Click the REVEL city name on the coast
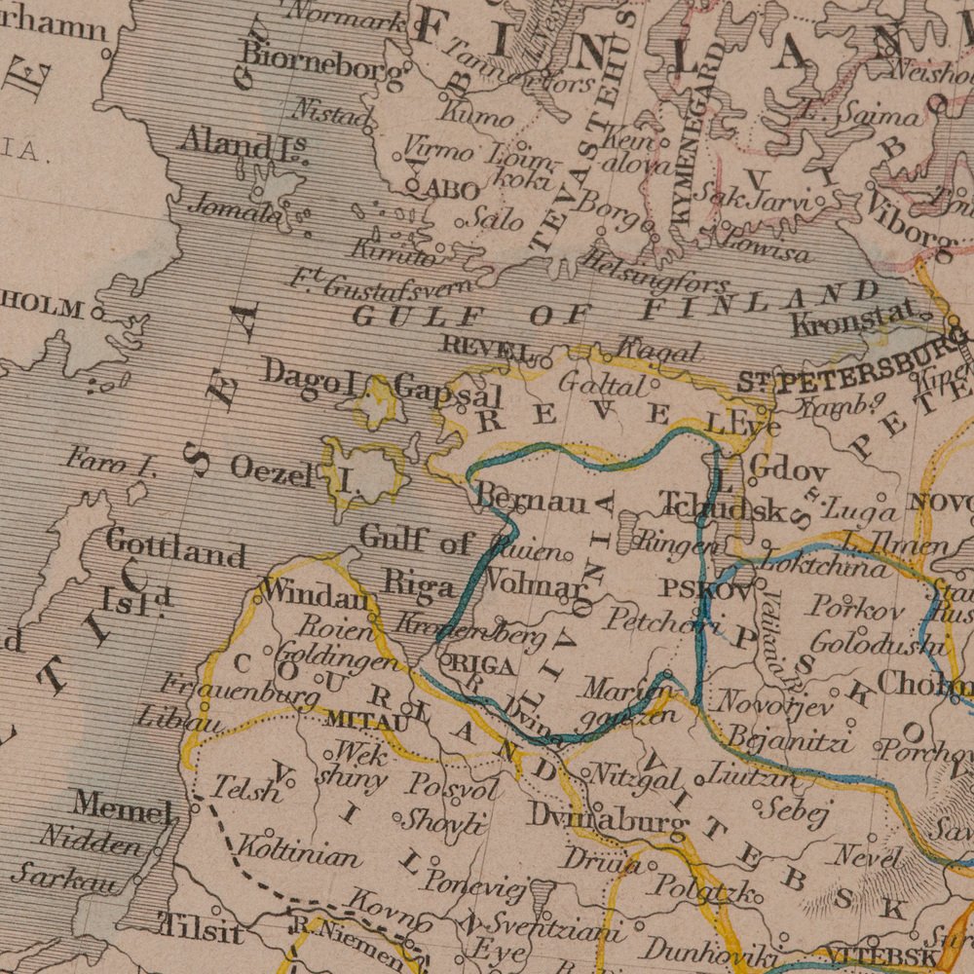tap(488, 346)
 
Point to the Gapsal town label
tap(448, 394)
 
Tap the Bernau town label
tap(532, 502)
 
